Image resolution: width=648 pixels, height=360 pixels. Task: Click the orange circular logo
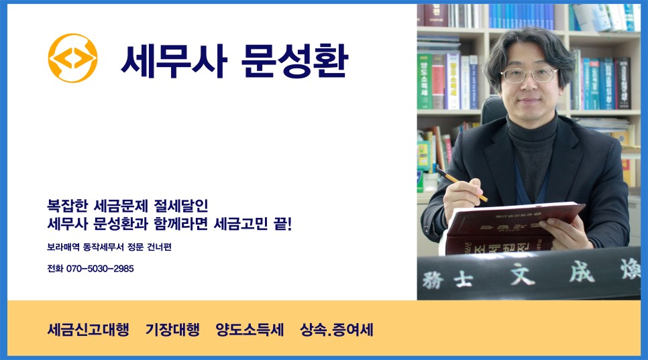click(72, 58)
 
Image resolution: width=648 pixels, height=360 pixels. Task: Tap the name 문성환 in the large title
click(293, 61)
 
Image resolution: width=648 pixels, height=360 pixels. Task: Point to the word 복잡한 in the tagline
click(69, 204)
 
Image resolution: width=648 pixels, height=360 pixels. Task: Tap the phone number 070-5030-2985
click(100, 268)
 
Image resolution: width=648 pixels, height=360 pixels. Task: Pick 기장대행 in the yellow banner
click(172, 330)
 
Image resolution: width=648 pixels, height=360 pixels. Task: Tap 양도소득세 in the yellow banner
click(250, 330)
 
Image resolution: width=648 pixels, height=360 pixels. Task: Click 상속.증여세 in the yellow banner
click(337, 330)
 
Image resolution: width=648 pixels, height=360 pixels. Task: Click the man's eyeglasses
click(529, 75)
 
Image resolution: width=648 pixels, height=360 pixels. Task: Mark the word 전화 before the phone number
click(54, 268)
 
